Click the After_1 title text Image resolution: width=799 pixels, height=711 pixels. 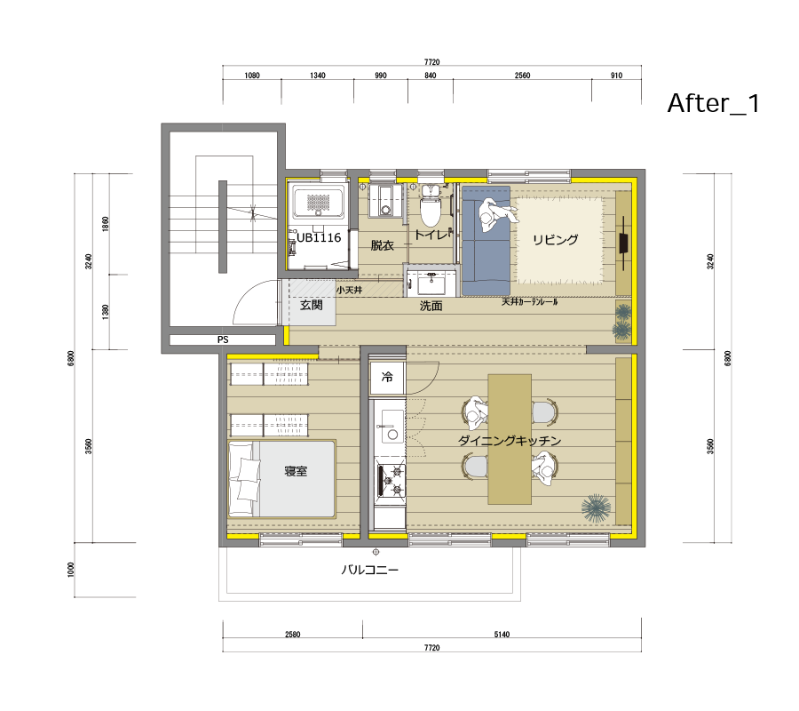coord(714,103)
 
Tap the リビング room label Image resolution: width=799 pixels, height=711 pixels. coord(556,239)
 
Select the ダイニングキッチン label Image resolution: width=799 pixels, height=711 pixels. coord(510,440)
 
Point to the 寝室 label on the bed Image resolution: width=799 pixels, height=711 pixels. coord(296,471)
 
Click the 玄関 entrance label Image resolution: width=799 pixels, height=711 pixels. coord(312,305)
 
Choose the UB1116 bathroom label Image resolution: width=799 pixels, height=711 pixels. coord(319,237)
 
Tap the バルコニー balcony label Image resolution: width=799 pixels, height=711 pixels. coord(369,569)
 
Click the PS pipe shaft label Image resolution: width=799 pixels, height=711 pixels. coord(223,340)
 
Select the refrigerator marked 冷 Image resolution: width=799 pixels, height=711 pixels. coord(387,378)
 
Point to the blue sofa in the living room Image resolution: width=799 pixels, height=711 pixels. coord(486,241)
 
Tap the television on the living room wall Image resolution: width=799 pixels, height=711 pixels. coord(624,243)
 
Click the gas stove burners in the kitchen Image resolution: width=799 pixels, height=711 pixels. coord(392,481)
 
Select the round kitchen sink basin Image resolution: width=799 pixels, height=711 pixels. coord(393,435)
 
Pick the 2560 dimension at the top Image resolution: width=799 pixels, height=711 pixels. coord(522,76)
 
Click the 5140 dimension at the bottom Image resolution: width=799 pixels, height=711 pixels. coord(502,635)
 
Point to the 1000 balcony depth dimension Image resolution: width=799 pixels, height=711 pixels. coord(71,570)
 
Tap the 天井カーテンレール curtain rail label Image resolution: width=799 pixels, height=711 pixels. coord(530,302)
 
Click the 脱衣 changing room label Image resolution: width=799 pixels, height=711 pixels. coord(382,245)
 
